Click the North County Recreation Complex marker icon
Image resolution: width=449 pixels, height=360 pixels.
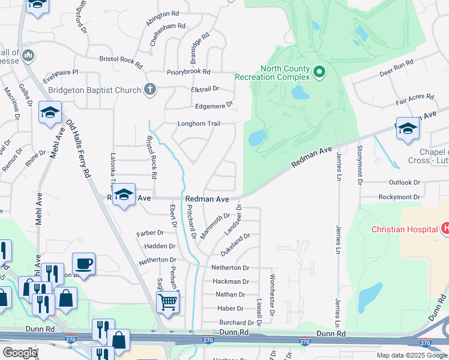click(319, 73)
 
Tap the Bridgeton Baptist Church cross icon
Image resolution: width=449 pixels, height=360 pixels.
click(150, 90)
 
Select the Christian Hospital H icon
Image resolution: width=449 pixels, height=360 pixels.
click(445, 229)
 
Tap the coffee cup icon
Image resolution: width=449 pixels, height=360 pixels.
click(83, 263)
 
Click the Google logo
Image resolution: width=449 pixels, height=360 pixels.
click(20, 353)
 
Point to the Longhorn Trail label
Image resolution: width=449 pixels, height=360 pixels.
click(199, 124)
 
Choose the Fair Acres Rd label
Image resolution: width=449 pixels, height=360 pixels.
click(415, 96)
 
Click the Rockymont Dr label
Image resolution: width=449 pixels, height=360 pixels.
click(399, 197)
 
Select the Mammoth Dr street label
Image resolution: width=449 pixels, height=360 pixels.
click(215, 226)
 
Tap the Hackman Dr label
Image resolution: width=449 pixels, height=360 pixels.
click(230, 281)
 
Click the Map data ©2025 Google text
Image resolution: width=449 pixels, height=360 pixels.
click(411, 355)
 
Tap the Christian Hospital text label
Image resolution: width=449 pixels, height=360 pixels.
click(405, 229)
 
